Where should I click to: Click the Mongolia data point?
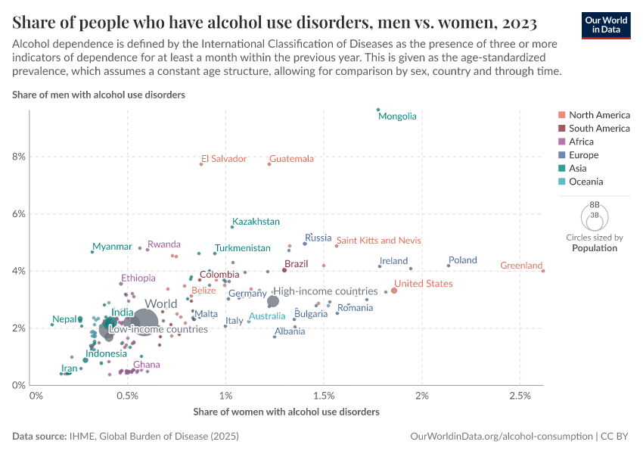[378, 110]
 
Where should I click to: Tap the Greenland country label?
[521, 266]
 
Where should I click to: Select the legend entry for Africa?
[581, 141]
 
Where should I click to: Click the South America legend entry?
[599, 129]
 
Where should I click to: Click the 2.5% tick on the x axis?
[520, 396]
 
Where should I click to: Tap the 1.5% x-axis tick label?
[323, 396]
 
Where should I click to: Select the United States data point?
[394, 291]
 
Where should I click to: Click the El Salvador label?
[224, 159]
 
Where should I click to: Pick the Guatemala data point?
[269, 164]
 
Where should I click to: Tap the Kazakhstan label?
[256, 222]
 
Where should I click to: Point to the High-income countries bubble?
[273, 301]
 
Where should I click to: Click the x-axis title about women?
[286, 412]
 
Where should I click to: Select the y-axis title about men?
[99, 95]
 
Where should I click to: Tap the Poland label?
[462, 260]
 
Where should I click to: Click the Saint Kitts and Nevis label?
[378, 241]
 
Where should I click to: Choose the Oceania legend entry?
[586, 182]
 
